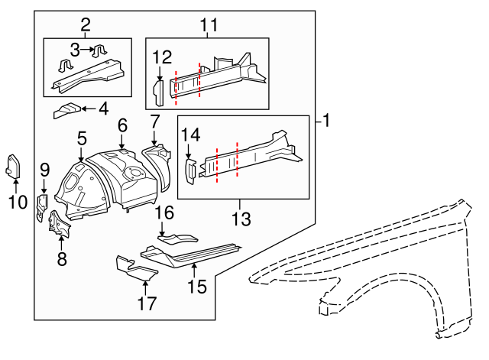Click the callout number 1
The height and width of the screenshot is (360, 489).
pos(327,121)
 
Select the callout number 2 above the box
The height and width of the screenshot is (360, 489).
pos(85,24)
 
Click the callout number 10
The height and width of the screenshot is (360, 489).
pos(18,203)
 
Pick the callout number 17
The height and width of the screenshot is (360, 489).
pos(146,303)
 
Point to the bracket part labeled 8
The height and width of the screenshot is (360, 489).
pos(57,225)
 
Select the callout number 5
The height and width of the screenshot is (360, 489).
pos(82,138)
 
